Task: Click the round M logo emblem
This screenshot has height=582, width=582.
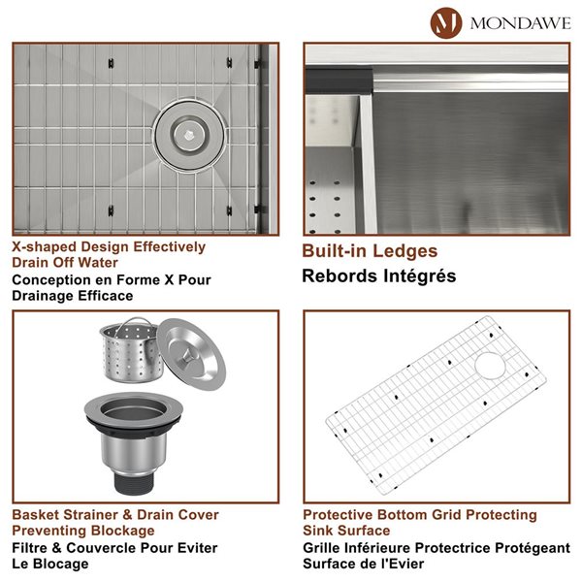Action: (447, 20)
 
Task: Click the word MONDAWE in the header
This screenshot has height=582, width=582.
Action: (520, 21)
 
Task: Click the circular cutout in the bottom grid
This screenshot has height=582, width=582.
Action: (491, 365)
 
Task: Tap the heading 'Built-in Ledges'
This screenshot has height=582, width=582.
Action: (370, 251)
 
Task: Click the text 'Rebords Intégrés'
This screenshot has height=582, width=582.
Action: (379, 276)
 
